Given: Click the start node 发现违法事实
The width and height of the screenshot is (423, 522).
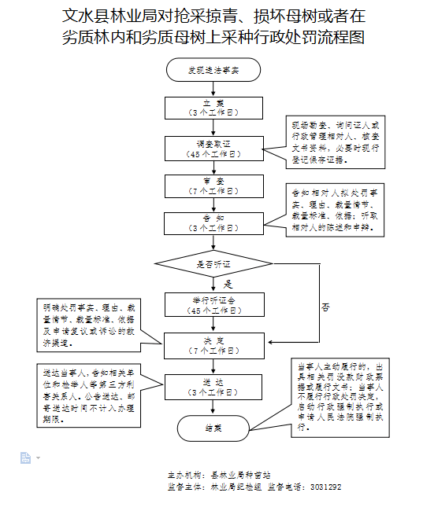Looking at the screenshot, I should click(213, 70).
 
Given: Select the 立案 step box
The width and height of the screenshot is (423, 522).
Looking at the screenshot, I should click(213, 108).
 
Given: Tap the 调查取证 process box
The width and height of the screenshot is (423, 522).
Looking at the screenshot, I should click(213, 147).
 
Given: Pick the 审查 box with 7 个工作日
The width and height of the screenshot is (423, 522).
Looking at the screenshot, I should click(213, 185).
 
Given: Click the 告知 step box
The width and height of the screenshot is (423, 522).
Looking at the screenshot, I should click(213, 222).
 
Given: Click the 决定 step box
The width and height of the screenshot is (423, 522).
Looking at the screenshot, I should click(213, 343).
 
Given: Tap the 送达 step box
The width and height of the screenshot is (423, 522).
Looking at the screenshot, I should click(213, 385).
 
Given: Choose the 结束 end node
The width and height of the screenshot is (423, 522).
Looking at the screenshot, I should click(213, 428).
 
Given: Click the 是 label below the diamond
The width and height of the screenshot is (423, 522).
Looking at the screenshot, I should click(228, 283).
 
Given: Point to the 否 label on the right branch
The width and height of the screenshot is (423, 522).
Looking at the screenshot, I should click(325, 307).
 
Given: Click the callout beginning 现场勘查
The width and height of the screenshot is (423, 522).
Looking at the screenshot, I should click(336, 142).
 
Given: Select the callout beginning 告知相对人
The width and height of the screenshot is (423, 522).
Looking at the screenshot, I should click(336, 211).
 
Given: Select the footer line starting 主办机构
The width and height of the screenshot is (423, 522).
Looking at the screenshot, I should click(219, 476).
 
